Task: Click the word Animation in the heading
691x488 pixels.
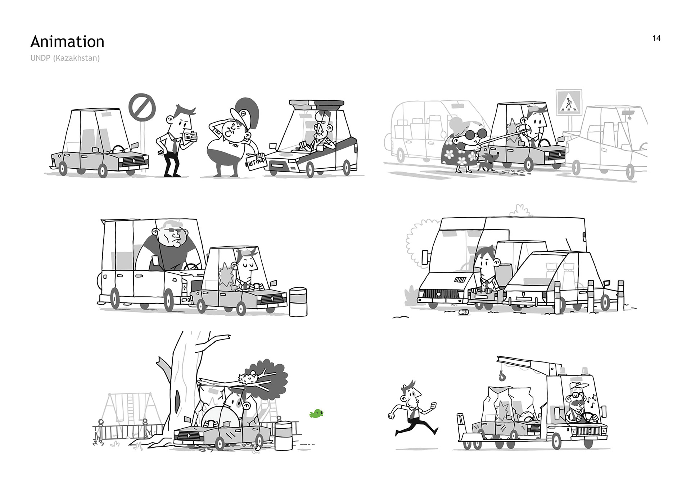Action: coord(67,42)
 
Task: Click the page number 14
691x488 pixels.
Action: coord(656,38)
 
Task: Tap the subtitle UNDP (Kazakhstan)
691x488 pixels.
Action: coord(65,58)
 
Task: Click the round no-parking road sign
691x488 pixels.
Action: coord(142,108)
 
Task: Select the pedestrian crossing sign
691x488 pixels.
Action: coord(569,102)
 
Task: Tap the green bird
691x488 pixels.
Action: coord(316,414)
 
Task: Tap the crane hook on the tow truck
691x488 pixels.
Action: coord(501,376)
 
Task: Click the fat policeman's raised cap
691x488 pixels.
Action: coord(244,111)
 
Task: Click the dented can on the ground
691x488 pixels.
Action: coord(464,312)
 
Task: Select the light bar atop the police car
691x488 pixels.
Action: coord(317,105)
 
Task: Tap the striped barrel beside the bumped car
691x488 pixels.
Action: coord(298,302)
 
